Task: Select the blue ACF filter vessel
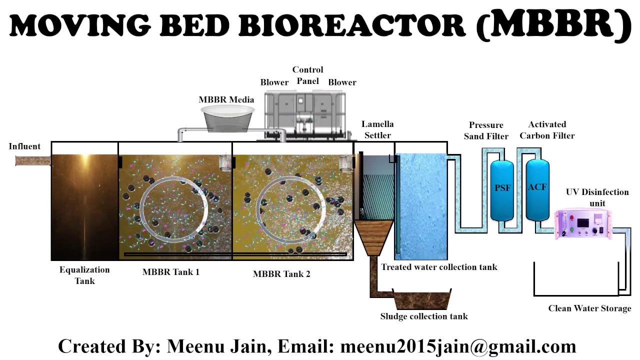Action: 537,189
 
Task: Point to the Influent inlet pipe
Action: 33,160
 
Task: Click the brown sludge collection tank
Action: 422,299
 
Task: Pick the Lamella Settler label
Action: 377,129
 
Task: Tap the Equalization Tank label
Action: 84,275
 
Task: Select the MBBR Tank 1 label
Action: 170,272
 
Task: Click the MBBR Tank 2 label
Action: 281,273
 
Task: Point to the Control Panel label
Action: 307,75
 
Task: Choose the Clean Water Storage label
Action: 589,308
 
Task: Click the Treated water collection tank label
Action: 439,267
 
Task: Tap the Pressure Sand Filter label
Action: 486,130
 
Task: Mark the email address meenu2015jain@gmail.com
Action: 458,346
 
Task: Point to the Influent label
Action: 24,146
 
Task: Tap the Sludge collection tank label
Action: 424,316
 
